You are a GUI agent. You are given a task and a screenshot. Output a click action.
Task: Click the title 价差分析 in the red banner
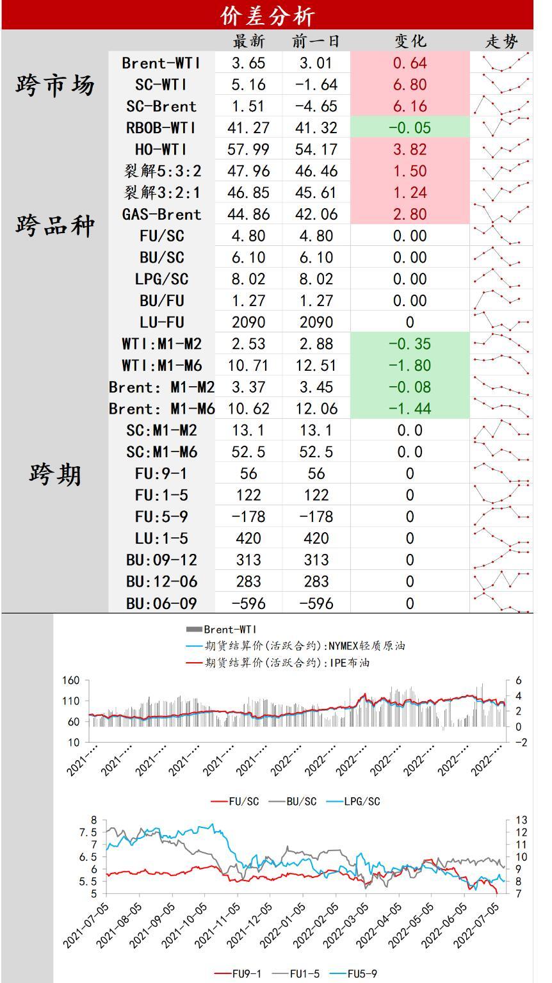[x=267, y=15]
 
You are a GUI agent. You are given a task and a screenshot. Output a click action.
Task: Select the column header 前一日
[x=316, y=42]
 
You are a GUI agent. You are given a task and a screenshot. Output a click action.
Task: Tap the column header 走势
[x=501, y=42]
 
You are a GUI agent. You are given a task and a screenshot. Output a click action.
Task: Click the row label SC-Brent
[x=161, y=106]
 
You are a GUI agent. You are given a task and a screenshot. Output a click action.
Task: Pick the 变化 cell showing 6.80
[x=410, y=85]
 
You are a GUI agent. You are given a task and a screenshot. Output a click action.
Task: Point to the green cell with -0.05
[x=410, y=128]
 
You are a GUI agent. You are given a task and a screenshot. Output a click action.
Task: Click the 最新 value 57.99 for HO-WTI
[x=248, y=150]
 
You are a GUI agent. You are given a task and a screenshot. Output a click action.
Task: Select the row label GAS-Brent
[x=161, y=215]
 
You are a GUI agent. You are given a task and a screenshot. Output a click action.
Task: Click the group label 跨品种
[x=55, y=225]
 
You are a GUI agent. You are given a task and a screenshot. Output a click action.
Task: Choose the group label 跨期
[x=55, y=475]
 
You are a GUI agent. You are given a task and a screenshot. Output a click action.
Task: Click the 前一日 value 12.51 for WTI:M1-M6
[x=316, y=366]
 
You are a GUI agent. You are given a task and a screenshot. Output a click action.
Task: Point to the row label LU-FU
[x=161, y=322]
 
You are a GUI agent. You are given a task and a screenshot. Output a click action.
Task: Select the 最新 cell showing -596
[x=248, y=604]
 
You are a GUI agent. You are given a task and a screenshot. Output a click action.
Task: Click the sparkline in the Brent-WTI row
[x=501, y=63]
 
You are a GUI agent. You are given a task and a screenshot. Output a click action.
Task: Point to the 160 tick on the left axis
[x=71, y=681]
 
